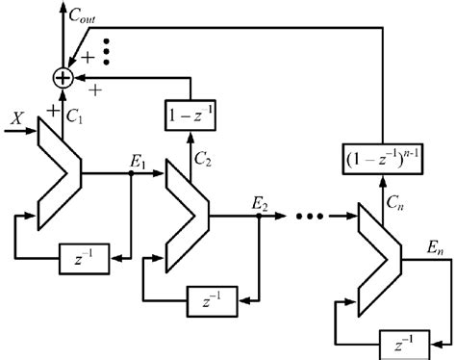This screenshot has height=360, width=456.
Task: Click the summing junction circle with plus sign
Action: [63, 74]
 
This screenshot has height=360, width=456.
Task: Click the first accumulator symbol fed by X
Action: [56, 174]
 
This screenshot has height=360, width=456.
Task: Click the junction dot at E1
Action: [132, 175]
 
